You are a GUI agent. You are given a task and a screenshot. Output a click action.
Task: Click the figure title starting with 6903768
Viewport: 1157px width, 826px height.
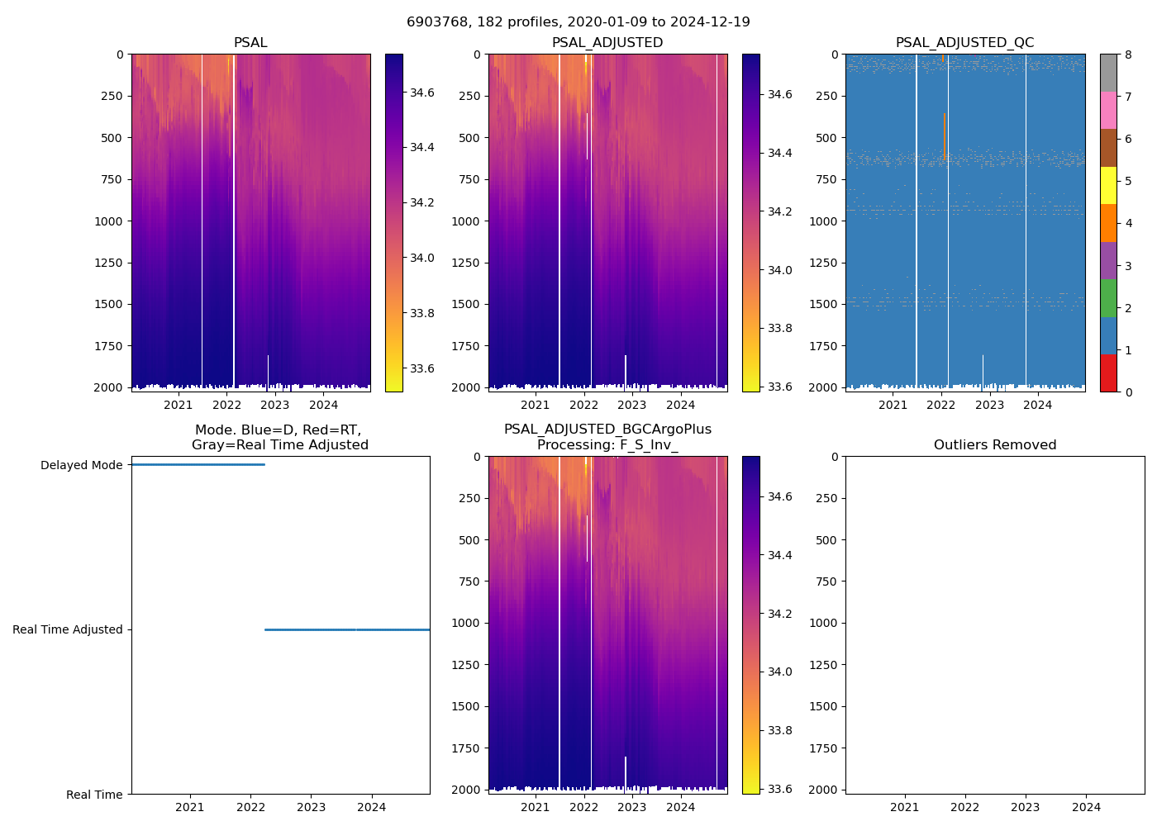(578, 22)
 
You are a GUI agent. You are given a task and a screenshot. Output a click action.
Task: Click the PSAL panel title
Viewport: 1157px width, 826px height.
(250, 43)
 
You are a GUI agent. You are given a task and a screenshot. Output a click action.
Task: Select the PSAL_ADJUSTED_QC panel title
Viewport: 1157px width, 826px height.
(964, 43)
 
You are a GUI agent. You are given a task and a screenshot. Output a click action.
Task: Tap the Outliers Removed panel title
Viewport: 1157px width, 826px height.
(995, 445)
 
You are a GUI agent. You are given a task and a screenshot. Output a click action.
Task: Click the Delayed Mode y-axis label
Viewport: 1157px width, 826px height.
(81, 465)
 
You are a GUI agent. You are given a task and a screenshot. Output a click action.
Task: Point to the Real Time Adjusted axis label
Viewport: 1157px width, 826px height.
(68, 629)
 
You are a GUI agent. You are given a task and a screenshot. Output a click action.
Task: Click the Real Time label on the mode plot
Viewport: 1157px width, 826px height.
(94, 795)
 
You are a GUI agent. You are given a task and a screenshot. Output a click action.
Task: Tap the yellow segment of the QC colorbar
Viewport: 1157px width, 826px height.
(1108, 186)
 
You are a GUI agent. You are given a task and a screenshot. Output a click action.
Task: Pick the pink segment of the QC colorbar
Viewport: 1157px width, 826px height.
(1108, 111)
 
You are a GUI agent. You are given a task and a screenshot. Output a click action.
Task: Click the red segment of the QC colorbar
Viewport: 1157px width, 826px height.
(1108, 373)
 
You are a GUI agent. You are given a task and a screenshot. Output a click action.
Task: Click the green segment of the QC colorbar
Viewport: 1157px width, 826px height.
(1108, 298)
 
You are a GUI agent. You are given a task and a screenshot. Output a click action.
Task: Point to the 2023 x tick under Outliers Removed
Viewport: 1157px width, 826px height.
(1026, 807)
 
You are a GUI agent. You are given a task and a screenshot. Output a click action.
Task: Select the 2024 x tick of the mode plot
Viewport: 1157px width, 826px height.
(372, 807)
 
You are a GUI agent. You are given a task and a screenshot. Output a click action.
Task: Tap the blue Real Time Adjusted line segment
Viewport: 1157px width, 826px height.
(347, 629)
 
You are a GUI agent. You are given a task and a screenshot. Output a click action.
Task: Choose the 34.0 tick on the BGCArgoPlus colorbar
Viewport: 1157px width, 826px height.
(781, 672)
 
